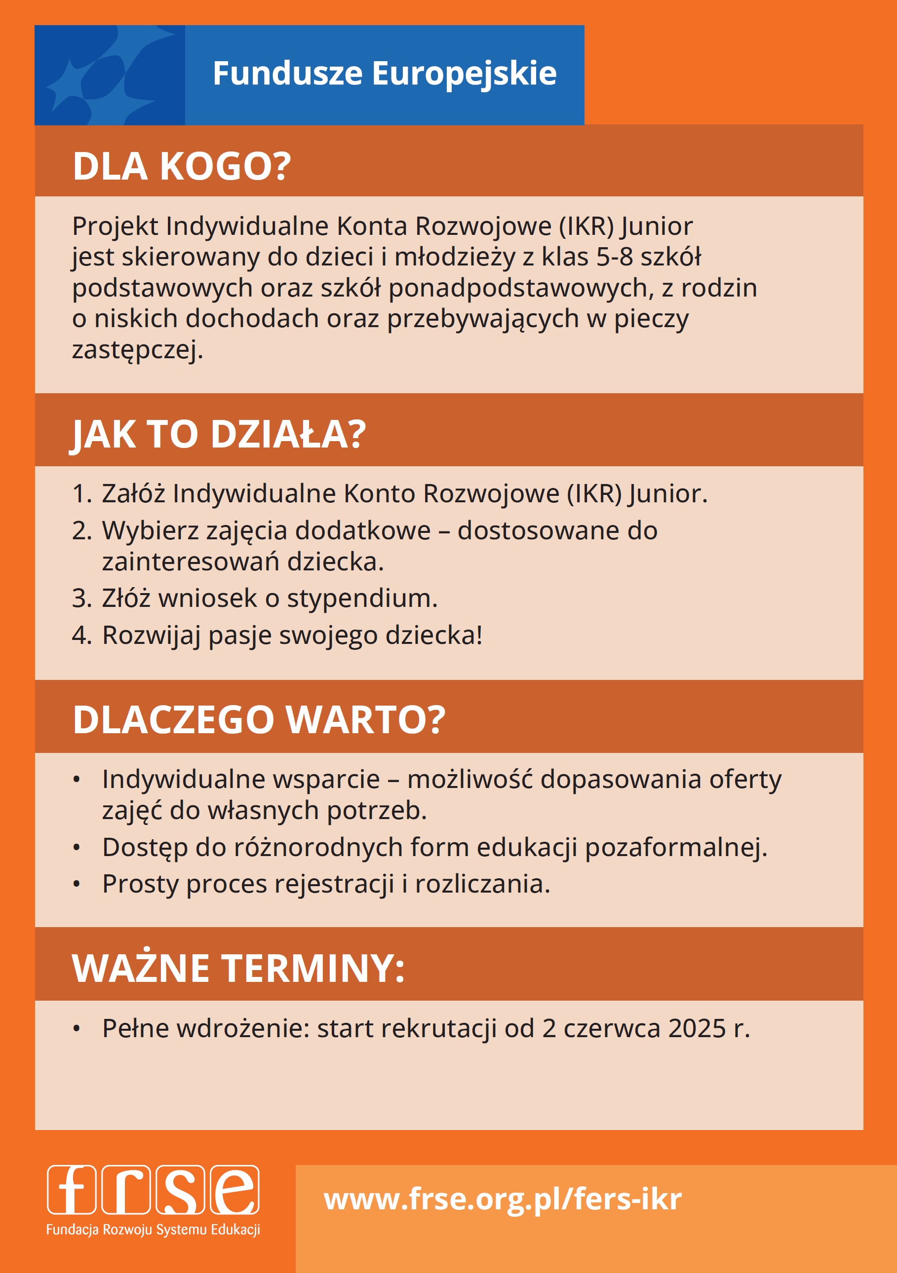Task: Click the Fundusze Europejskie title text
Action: click(385, 74)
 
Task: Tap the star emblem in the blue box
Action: click(109, 75)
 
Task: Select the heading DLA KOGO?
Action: click(181, 166)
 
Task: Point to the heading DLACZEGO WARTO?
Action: click(259, 720)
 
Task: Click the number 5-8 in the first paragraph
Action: click(614, 257)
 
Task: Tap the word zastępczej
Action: click(137, 350)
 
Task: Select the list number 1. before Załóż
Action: click(81, 493)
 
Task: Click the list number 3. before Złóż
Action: click(81, 598)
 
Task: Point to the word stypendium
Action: click(362, 598)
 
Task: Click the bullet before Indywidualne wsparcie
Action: click(77, 780)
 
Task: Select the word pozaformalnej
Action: click(676, 848)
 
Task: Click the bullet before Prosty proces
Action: click(77, 885)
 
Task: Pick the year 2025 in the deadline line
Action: click(697, 1028)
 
